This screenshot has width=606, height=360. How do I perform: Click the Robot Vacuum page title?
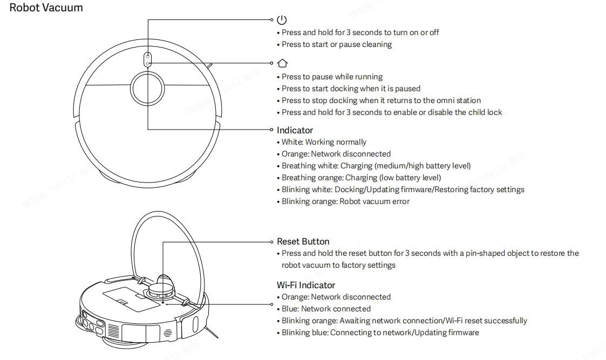(x=46, y=8)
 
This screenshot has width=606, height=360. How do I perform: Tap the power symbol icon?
(x=282, y=20)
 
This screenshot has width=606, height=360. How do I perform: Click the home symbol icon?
(x=282, y=63)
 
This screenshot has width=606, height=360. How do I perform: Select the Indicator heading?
(x=295, y=130)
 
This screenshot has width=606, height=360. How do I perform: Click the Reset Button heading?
(x=303, y=241)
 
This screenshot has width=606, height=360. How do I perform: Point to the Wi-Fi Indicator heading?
(x=306, y=285)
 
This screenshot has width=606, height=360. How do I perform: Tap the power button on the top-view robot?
(x=147, y=56)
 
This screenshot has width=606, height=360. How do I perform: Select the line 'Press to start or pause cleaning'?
(x=337, y=44)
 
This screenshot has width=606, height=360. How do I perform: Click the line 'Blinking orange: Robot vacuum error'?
(x=345, y=201)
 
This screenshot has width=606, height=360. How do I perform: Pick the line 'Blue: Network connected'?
(x=326, y=309)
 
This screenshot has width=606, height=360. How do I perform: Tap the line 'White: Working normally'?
(x=324, y=142)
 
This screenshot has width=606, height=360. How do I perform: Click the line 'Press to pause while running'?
(x=332, y=77)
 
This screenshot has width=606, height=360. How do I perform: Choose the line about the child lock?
(x=392, y=112)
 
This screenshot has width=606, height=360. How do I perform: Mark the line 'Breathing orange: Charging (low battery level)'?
(x=361, y=178)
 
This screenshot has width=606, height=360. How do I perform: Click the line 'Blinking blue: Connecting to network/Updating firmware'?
(x=380, y=332)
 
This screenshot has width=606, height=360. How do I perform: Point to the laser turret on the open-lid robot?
(x=161, y=284)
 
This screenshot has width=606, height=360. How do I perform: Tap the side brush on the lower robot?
(x=212, y=332)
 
